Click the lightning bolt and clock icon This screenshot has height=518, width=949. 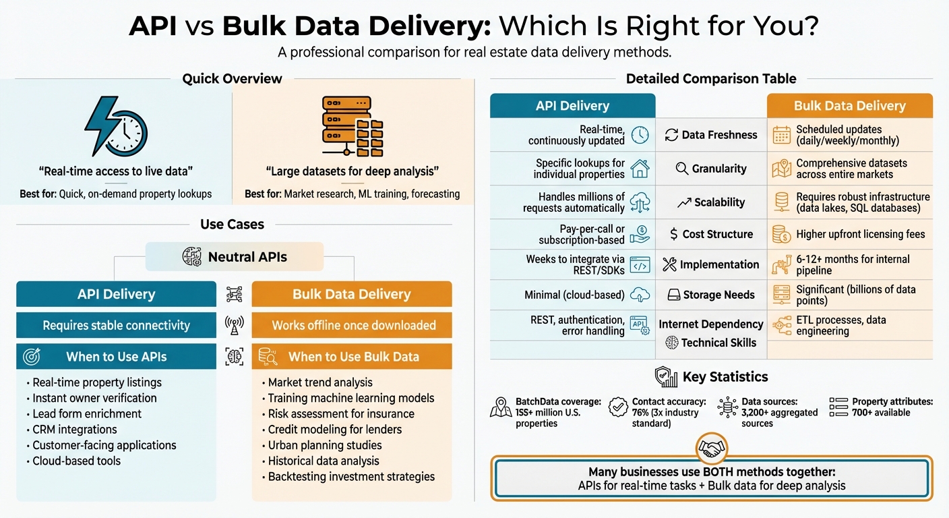(115, 128)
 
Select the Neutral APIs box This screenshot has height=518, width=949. (235, 257)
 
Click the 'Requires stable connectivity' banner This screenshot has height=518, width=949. (116, 325)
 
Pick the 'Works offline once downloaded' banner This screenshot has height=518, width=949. (353, 325)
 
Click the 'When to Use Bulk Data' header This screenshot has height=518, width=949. (353, 357)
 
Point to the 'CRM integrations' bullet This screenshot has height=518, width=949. (74, 430)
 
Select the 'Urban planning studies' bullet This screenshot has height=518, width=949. (324, 445)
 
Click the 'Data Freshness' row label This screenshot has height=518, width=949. (711, 135)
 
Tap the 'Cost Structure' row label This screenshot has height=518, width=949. (711, 234)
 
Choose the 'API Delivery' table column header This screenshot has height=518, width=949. (572, 106)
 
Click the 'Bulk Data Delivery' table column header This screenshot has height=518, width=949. (849, 106)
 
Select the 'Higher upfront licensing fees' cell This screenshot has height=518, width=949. (860, 234)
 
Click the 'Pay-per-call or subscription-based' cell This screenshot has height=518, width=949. (582, 234)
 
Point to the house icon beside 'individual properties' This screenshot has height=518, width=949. (640, 169)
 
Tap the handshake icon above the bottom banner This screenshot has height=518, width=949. (712, 447)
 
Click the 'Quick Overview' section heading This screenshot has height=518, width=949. (232, 79)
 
